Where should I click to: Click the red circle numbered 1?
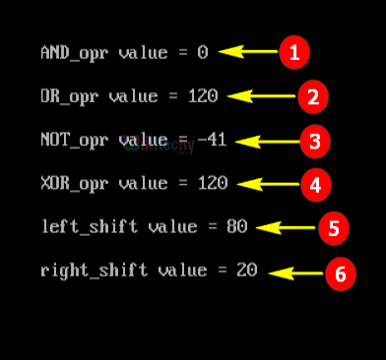[293, 52]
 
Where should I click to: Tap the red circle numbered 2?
[312, 96]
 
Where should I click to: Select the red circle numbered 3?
[314, 141]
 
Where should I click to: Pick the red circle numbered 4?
[314, 184]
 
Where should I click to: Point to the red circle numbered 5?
[333, 228]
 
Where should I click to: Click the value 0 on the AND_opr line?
[203, 53]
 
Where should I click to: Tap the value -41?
[212, 141]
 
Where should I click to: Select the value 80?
[236, 227]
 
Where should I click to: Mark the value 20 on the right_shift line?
[246, 270]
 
